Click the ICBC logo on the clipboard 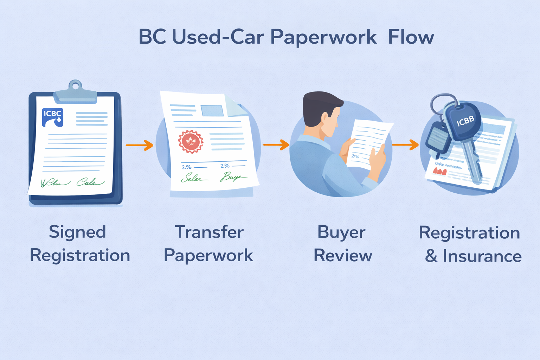(x=53, y=117)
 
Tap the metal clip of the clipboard (x=75, y=92)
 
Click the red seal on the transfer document (x=191, y=142)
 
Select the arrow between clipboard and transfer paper (x=140, y=145)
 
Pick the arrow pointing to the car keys (x=405, y=144)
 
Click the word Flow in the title (x=411, y=37)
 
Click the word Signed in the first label (x=77, y=232)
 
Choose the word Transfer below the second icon (x=209, y=232)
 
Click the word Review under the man (x=343, y=256)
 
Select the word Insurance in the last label (x=482, y=256)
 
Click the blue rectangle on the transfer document (x=212, y=111)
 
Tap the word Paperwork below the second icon (x=208, y=256)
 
